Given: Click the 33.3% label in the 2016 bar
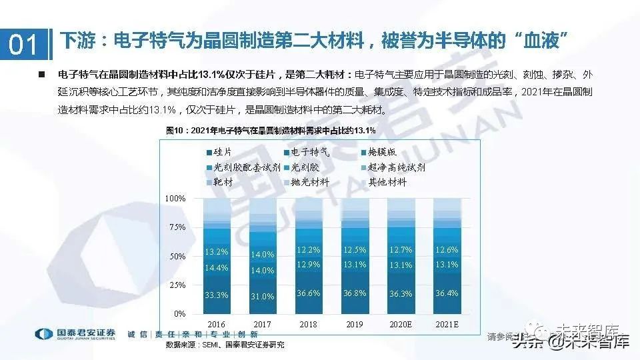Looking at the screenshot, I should point(217,294).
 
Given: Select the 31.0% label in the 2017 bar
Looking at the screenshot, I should point(263,296).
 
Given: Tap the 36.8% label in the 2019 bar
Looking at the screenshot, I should point(355,293).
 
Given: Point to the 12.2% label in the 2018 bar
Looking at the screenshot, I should point(309,250).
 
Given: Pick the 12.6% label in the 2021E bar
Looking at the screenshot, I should point(446,250).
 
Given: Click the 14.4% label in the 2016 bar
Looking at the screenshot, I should point(217,267).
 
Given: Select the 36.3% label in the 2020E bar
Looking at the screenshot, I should point(401,293).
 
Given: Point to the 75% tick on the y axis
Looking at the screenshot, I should point(177,227).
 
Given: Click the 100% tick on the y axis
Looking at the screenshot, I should point(175,199).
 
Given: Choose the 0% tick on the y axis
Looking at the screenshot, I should point(179,313).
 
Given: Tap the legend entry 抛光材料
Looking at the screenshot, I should point(307,182).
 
